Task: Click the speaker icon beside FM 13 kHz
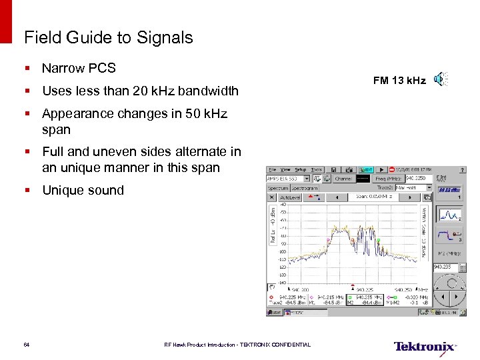[440, 80]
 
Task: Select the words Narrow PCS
[79, 68]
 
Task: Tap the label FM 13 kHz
[399, 81]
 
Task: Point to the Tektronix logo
[425, 346]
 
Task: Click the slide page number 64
[27, 345]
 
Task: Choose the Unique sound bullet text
[83, 190]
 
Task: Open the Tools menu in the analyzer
[316, 170]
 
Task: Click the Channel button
[343, 179]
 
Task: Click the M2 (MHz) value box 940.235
[443, 266]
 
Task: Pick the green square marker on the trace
[378, 241]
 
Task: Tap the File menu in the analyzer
[271, 170]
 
